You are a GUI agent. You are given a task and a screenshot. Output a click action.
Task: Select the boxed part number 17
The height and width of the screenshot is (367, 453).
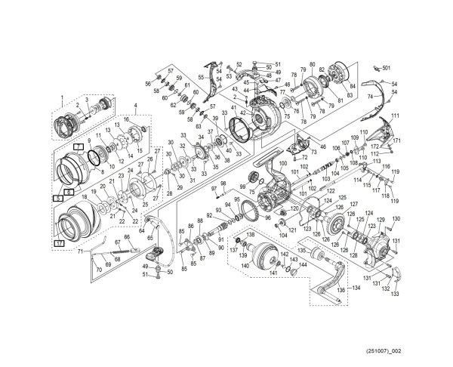[58, 244]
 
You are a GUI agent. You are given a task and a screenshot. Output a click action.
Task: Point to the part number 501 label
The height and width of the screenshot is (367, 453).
[387, 69]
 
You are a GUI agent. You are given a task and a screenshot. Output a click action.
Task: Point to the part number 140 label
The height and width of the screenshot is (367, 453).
[245, 266]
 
